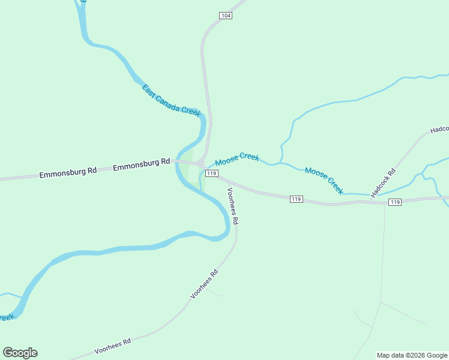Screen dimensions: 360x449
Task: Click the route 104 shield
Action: tap(225, 15)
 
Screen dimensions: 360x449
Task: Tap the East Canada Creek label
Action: tap(171, 101)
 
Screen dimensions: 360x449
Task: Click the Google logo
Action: tap(20, 352)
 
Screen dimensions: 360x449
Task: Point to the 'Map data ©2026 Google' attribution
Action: tap(412, 355)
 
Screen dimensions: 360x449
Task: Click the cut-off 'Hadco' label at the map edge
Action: tap(439, 130)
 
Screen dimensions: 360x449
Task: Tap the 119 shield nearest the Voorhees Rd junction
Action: tap(211, 173)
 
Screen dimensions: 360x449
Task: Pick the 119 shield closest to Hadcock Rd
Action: tap(394, 202)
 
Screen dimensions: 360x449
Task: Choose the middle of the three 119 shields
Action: tap(296, 199)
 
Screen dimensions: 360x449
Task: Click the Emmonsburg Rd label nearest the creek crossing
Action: tap(141, 163)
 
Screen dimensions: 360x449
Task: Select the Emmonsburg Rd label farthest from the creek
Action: tap(68, 172)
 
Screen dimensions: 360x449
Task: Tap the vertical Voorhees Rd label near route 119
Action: tap(232, 206)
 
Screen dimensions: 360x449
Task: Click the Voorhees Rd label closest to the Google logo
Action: tap(113, 346)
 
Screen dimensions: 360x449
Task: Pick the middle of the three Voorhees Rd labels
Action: tap(204, 284)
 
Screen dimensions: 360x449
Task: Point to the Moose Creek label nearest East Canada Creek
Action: tap(237, 159)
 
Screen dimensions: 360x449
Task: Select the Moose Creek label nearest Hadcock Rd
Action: tap(324, 180)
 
